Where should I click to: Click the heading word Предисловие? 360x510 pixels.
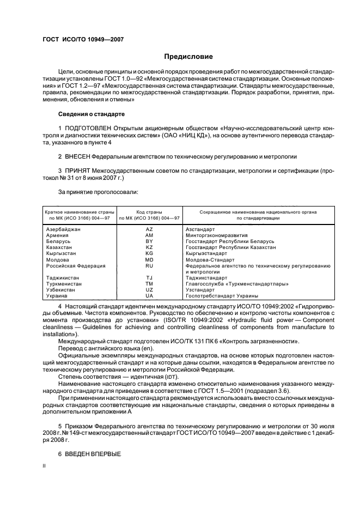pyautogui.click(x=188, y=57)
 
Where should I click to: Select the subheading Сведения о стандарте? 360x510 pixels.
pyautogui.click(x=91, y=114)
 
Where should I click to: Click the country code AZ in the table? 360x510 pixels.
pyautogui.click(x=149, y=229)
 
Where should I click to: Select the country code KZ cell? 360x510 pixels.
pyautogui.click(x=149, y=247)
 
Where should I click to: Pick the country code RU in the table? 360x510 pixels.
pyautogui.click(x=149, y=265)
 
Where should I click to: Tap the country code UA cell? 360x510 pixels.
pyautogui.click(x=149, y=295)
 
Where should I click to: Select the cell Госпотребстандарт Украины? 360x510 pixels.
pyautogui.click(x=218, y=295)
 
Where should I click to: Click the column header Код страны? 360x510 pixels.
pyautogui.click(x=149, y=211)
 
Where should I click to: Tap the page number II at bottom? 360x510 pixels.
pyautogui.click(x=44, y=466)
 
